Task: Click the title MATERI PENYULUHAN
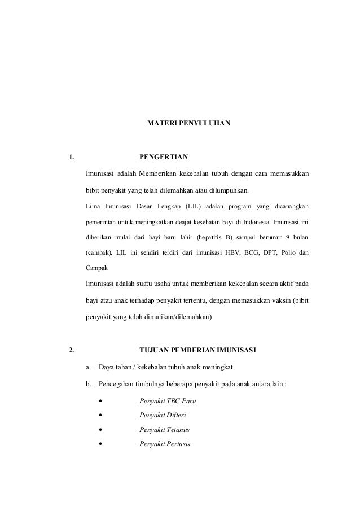188,122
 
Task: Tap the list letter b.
88,385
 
